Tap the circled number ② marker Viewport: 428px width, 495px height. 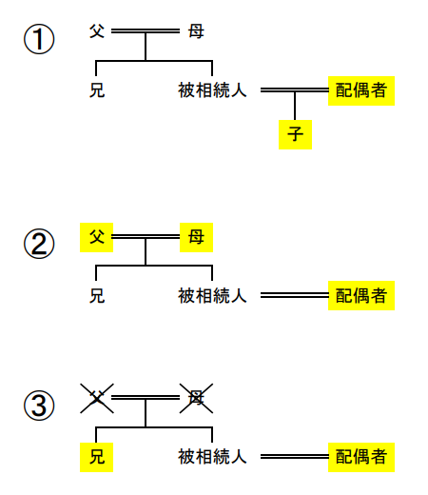(x=39, y=245)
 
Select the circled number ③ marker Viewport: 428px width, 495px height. (x=39, y=406)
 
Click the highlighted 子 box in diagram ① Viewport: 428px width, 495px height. (x=295, y=133)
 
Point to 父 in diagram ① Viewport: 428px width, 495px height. (x=96, y=31)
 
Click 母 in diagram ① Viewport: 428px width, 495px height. (x=196, y=31)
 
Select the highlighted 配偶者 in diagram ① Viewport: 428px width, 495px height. (x=360, y=90)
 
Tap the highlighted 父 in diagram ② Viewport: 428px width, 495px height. (x=96, y=236)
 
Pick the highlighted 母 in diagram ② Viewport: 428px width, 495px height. (x=196, y=236)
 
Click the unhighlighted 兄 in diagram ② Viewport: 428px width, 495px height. (x=96, y=295)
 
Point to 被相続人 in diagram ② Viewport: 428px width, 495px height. (x=212, y=295)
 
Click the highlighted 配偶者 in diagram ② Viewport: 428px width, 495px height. (x=360, y=295)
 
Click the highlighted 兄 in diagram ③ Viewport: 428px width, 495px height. (x=96, y=457)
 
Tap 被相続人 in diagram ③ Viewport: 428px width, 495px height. (x=212, y=457)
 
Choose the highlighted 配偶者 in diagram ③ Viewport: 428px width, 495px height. (x=360, y=457)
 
